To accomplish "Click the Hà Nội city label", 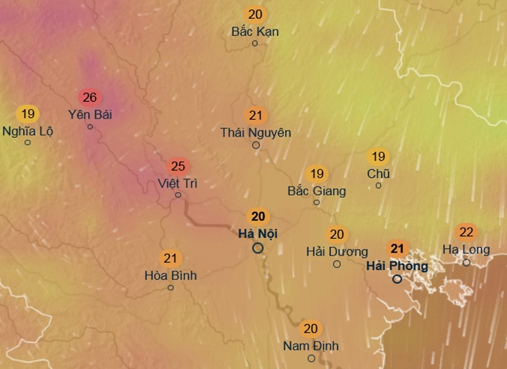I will (258, 233).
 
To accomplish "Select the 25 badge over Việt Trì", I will (178, 167).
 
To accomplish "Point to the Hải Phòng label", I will (397, 265).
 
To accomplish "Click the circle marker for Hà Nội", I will (258, 248).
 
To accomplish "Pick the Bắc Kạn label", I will (255, 32).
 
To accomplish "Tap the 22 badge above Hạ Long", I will (466, 232).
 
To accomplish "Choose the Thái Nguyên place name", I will (256, 133).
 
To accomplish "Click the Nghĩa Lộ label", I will (27, 131).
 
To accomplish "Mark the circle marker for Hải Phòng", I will (397, 279).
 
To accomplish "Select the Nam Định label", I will (311, 346).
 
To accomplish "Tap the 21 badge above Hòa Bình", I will (170, 259).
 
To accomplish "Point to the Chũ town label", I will (378, 174).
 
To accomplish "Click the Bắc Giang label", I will (317, 191).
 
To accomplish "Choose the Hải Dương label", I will (337, 251).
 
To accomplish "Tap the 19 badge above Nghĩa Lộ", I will (27, 114).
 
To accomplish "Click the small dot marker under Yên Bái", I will (90, 127).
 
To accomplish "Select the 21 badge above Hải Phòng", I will (397, 248).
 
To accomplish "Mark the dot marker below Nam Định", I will (311, 358).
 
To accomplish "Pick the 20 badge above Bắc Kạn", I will (255, 15).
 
